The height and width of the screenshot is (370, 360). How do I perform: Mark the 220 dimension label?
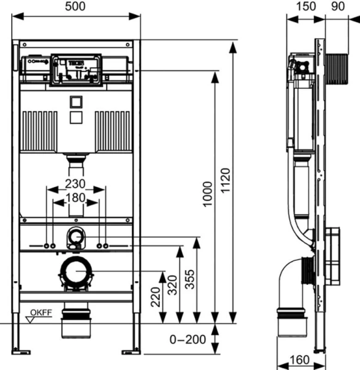coord(155,300)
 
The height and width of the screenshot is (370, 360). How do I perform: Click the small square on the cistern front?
coord(77,102)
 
